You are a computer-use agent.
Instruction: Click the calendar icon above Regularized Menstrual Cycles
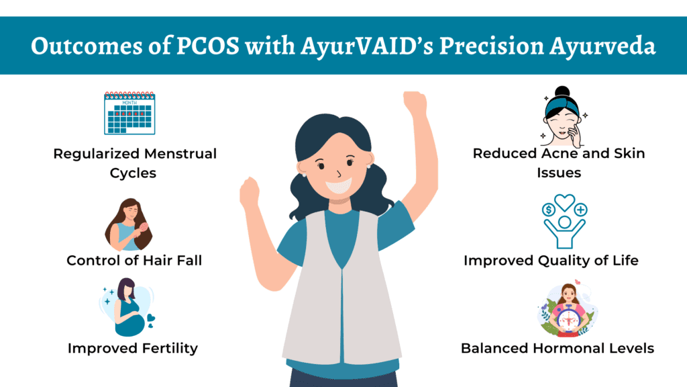point(129,113)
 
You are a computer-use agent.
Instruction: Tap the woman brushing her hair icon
point(129,224)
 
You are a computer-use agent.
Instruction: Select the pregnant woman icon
point(127,307)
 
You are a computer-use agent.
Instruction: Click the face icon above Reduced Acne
point(563,117)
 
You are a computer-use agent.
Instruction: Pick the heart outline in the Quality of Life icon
point(564,202)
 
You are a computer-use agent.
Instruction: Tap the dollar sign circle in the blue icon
point(549,210)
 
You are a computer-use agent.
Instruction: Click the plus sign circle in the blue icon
point(580,210)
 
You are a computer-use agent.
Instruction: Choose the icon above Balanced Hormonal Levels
point(568,309)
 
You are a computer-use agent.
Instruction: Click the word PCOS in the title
point(208,46)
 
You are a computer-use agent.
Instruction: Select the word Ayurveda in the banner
point(602,46)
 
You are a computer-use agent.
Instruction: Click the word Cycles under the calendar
point(133,173)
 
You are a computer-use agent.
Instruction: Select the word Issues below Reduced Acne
point(559,173)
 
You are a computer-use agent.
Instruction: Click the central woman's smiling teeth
point(339,186)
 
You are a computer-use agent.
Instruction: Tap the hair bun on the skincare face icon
point(562,91)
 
